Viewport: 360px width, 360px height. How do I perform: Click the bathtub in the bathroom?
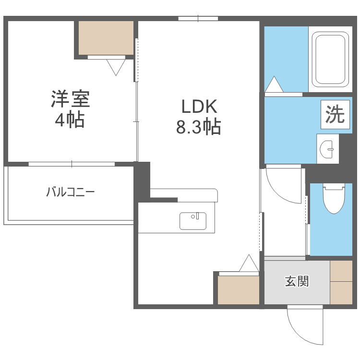click(330, 59)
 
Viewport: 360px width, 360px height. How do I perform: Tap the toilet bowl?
click(334, 198)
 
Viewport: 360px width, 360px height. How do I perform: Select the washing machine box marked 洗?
click(335, 114)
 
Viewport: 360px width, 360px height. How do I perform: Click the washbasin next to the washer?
click(327, 149)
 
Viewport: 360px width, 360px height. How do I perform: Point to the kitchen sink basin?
click(193, 221)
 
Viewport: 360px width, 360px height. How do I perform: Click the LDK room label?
click(199, 107)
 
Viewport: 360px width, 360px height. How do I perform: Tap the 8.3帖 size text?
click(198, 127)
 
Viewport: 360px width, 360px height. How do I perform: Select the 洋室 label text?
click(70, 99)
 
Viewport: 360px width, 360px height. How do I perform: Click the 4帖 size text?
click(70, 120)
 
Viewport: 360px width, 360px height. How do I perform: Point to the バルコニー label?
click(70, 192)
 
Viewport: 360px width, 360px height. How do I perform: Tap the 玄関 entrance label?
click(297, 281)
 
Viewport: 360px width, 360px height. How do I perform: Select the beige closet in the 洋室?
click(106, 38)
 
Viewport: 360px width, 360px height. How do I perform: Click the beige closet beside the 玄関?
click(238, 290)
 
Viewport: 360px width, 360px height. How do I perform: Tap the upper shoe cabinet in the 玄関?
click(341, 271)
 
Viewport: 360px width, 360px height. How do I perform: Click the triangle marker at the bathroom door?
click(274, 84)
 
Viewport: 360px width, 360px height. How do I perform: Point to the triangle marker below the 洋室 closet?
click(116, 68)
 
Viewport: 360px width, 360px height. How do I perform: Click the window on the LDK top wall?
click(198, 19)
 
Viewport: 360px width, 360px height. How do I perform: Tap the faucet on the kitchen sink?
click(197, 216)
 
